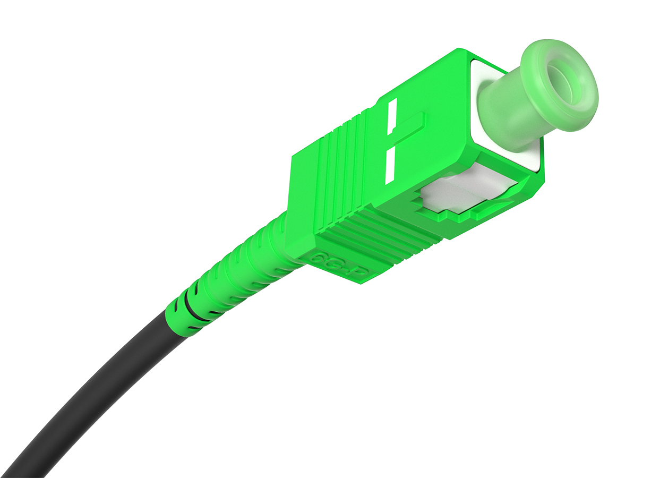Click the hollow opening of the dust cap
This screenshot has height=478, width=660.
point(562,85)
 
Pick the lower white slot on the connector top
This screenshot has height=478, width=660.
point(390,165)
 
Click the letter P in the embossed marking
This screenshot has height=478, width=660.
point(361,272)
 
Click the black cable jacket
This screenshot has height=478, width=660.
point(90,393)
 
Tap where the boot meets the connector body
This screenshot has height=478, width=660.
point(284,234)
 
